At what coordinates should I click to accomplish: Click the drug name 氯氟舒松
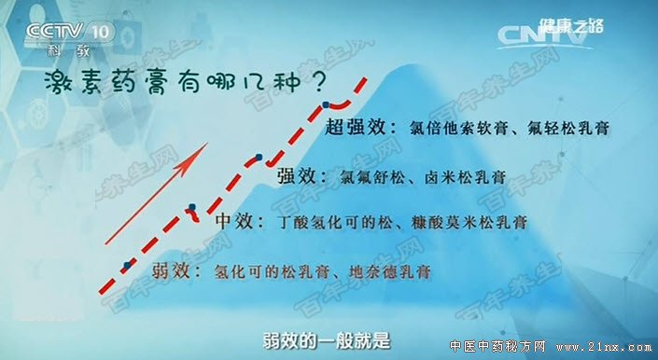[372, 175]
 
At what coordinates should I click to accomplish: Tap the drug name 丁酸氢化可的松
[321, 224]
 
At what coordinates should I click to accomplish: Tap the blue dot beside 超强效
[325, 104]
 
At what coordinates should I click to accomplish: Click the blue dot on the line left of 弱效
[126, 265]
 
